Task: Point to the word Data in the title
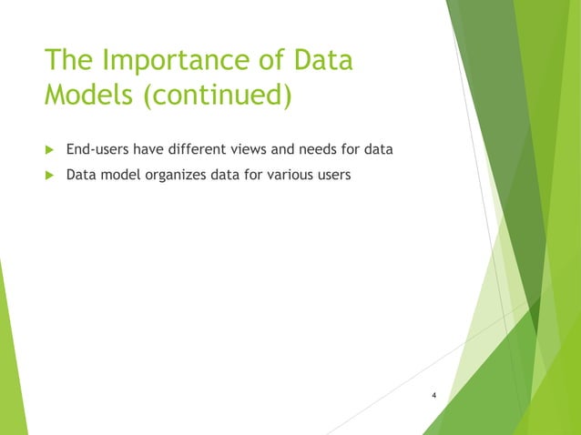pyautogui.click(x=320, y=63)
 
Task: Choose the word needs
pyautogui.click(x=320, y=149)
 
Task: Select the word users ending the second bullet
pyautogui.click(x=331, y=175)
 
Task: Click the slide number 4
pyautogui.click(x=434, y=396)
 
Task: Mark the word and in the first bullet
pyautogui.click(x=283, y=149)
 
